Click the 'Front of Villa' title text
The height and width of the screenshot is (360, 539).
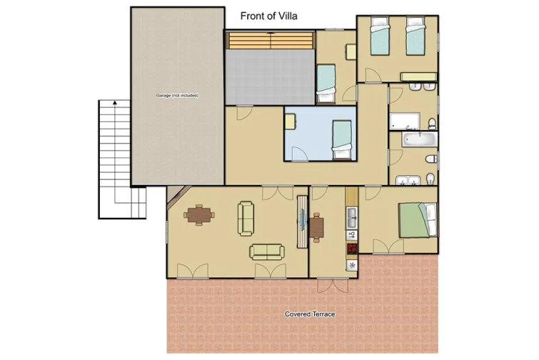click(x=269, y=16)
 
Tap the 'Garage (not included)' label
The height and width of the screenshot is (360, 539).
click(x=177, y=95)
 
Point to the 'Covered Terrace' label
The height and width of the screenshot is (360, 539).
click(x=309, y=314)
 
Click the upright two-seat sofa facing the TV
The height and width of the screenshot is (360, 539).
click(x=246, y=219)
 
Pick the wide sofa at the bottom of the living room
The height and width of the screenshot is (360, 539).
click(x=266, y=251)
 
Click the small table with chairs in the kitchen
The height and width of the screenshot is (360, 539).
click(x=316, y=226)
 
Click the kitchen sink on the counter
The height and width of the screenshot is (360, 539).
click(x=351, y=214)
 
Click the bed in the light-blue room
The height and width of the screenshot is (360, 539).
click(x=342, y=139)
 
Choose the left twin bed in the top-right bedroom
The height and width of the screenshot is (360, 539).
click(x=378, y=37)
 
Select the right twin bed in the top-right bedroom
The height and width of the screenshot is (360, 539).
click(x=415, y=37)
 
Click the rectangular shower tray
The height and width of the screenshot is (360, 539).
click(x=407, y=121)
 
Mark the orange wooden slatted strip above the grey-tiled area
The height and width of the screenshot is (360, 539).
click(x=271, y=41)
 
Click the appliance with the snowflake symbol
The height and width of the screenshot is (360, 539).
click(x=351, y=265)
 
